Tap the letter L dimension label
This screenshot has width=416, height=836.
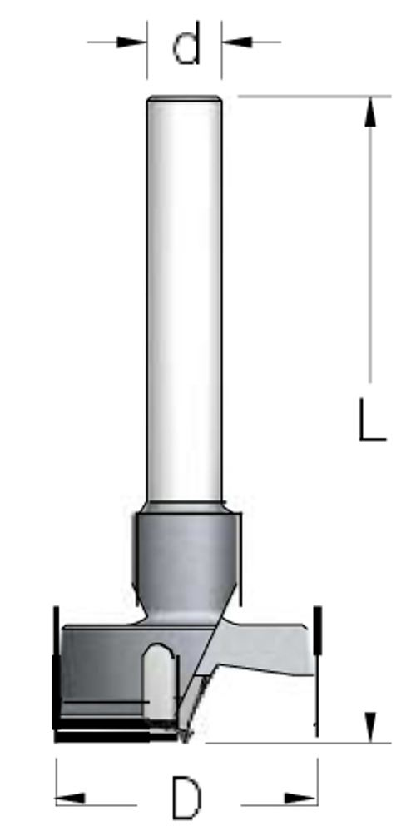[x=372, y=420]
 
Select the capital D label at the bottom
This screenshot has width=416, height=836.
[x=186, y=799]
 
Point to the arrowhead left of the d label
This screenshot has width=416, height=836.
[x=131, y=42]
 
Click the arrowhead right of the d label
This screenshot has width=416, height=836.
[x=236, y=42]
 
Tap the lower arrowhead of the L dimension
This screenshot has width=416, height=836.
[x=370, y=727]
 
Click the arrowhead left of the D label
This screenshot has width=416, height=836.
[x=71, y=799]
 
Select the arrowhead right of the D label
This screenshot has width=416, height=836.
[x=301, y=799]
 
